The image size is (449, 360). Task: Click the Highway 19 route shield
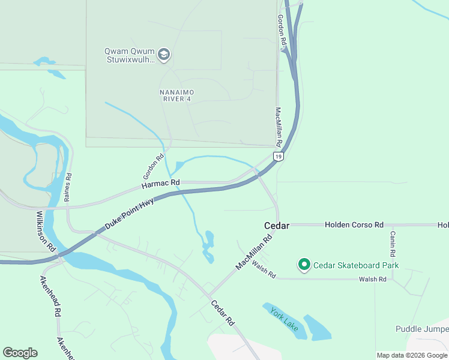[278, 156]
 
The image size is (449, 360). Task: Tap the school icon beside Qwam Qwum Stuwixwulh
[164, 55]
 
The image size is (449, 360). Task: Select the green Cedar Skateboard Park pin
[304, 265]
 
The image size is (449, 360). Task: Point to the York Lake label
[284, 318]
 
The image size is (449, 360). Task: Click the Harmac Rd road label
[161, 183]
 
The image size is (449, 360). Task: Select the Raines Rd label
[69, 187]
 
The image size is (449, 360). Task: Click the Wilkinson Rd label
[46, 231]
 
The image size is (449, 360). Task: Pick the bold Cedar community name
[277, 226]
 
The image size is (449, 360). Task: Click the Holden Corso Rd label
[354, 225]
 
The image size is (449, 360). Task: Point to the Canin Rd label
[392, 244]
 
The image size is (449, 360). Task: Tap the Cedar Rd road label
[222, 312]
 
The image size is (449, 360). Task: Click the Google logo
[20, 353]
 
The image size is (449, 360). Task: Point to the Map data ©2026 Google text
[412, 355]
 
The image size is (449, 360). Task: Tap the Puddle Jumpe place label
[422, 329]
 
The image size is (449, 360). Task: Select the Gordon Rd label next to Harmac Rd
[153, 167]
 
